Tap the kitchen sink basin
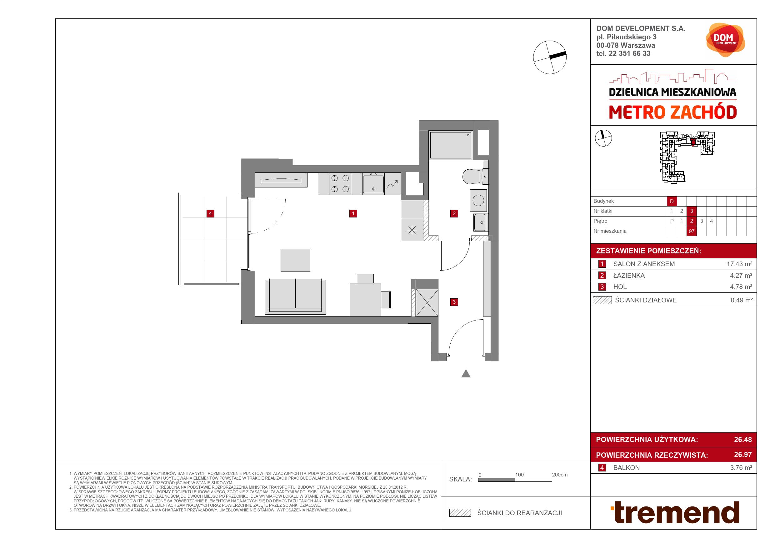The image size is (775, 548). [373, 184]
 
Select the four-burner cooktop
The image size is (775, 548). [340, 184]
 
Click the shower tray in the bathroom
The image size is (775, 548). [450, 145]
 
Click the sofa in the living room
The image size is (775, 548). [295, 296]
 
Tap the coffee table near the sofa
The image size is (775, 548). [295, 260]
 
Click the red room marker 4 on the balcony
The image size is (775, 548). [210, 213]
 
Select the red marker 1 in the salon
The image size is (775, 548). [353, 213]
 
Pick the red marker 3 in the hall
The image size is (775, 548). [454, 302]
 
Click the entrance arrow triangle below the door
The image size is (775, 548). [466, 373]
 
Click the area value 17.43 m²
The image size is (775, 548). [739, 264]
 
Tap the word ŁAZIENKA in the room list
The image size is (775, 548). [629, 276]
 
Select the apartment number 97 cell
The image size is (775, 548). [692, 231]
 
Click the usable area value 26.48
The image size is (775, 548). [743, 439]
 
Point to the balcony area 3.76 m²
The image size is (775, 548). [741, 468]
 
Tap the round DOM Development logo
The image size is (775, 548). [725, 39]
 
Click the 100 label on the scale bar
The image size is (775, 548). [519, 475]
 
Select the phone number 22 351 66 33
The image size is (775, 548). [629, 53]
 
